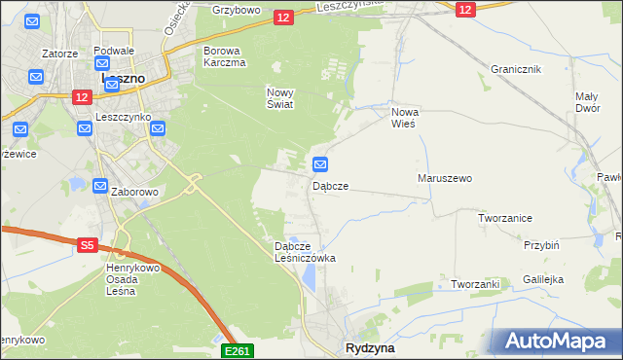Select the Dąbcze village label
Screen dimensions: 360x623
tap(330, 185)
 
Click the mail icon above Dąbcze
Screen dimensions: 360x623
tap(319, 163)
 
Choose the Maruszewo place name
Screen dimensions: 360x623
tap(444, 179)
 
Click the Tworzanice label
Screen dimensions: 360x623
tap(504, 218)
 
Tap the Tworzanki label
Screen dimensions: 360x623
tap(475, 284)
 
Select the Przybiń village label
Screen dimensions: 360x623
tap(540, 246)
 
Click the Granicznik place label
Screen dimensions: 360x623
tap(516, 70)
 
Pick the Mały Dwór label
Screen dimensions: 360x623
tap(586, 102)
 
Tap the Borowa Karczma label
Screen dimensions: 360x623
tap(224, 55)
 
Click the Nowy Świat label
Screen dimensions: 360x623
tap(280, 98)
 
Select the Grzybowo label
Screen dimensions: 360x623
tap(236, 11)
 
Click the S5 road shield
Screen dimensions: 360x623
tap(87, 246)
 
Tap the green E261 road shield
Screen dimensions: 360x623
tap(238, 350)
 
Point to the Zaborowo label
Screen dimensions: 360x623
tap(134, 193)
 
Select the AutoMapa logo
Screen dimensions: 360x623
tap(559, 342)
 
